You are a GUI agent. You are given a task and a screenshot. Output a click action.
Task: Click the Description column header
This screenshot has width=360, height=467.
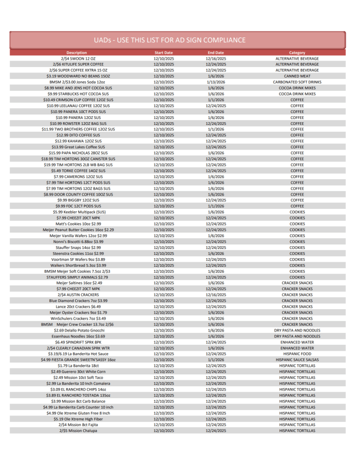[x=77, y=53]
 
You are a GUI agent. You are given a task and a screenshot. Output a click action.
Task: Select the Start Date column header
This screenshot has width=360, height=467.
[x=164, y=53]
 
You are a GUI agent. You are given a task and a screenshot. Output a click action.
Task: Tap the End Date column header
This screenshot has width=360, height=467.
[x=216, y=53]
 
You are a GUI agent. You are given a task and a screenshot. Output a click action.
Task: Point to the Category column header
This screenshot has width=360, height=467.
[x=297, y=53]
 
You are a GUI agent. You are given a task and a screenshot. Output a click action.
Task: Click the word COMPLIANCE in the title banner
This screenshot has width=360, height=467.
[x=220, y=40]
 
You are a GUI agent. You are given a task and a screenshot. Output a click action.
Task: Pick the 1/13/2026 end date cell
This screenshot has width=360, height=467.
[x=216, y=82]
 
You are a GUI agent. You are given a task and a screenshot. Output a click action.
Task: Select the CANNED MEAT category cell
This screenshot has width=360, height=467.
[x=297, y=76]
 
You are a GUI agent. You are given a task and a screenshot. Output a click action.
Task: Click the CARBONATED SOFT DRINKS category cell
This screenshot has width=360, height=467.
[x=297, y=82]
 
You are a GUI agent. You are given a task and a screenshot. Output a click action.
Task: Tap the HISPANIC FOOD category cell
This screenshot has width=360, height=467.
[x=297, y=354]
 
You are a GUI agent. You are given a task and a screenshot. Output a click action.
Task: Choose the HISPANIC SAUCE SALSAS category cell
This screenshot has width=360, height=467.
[x=297, y=360]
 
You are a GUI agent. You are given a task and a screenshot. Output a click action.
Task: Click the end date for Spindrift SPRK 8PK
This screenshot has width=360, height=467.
[x=216, y=342]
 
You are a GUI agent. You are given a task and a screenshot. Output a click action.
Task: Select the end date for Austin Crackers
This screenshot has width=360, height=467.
[x=216, y=295]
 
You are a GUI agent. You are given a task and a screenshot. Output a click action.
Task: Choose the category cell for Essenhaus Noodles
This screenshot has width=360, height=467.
[x=297, y=336]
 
